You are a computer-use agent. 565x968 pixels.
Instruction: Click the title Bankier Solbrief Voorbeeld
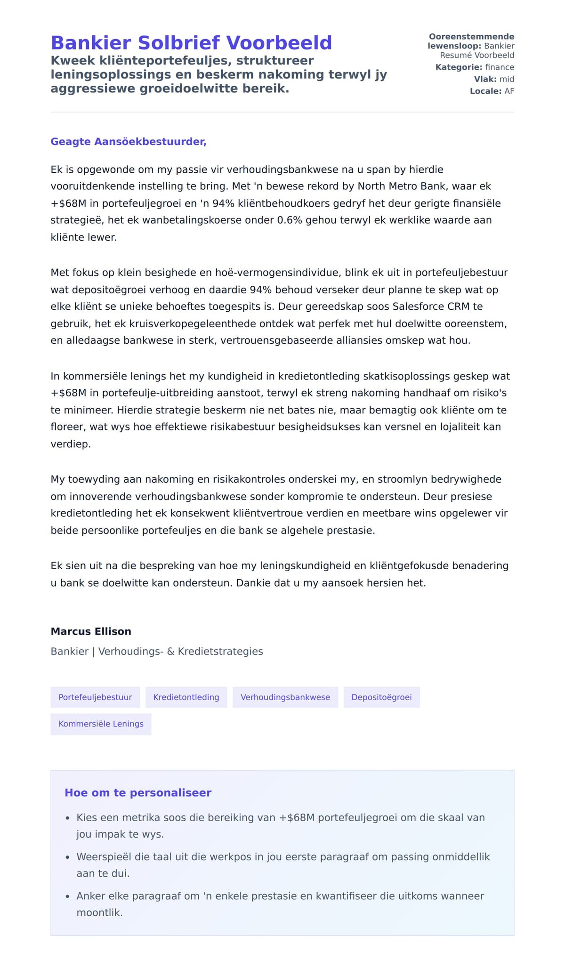(191, 43)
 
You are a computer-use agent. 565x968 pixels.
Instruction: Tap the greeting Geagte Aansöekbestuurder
(129, 142)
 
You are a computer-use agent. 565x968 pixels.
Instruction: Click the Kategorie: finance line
(475, 67)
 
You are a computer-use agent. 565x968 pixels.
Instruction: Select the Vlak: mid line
(494, 79)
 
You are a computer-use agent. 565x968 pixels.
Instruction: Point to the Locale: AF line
(492, 91)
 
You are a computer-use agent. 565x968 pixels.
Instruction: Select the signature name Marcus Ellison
(91, 631)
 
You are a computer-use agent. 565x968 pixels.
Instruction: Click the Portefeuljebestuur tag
(95, 697)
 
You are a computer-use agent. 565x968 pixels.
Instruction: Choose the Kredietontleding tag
(186, 697)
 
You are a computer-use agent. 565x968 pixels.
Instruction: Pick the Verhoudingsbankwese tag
(285, 697)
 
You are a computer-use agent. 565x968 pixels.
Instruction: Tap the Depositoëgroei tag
(381, 697)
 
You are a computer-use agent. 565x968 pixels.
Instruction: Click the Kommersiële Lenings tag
(101, 724)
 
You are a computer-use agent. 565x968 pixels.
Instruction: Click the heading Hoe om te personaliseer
(138, 793)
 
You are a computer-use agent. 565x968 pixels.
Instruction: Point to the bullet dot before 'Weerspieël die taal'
(68, 858)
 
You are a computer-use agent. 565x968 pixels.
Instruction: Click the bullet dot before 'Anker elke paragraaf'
(68, 897)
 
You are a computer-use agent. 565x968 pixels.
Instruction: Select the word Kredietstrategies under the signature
(220, 652)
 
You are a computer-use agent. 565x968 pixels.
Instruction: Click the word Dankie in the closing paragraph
(253, 583)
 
